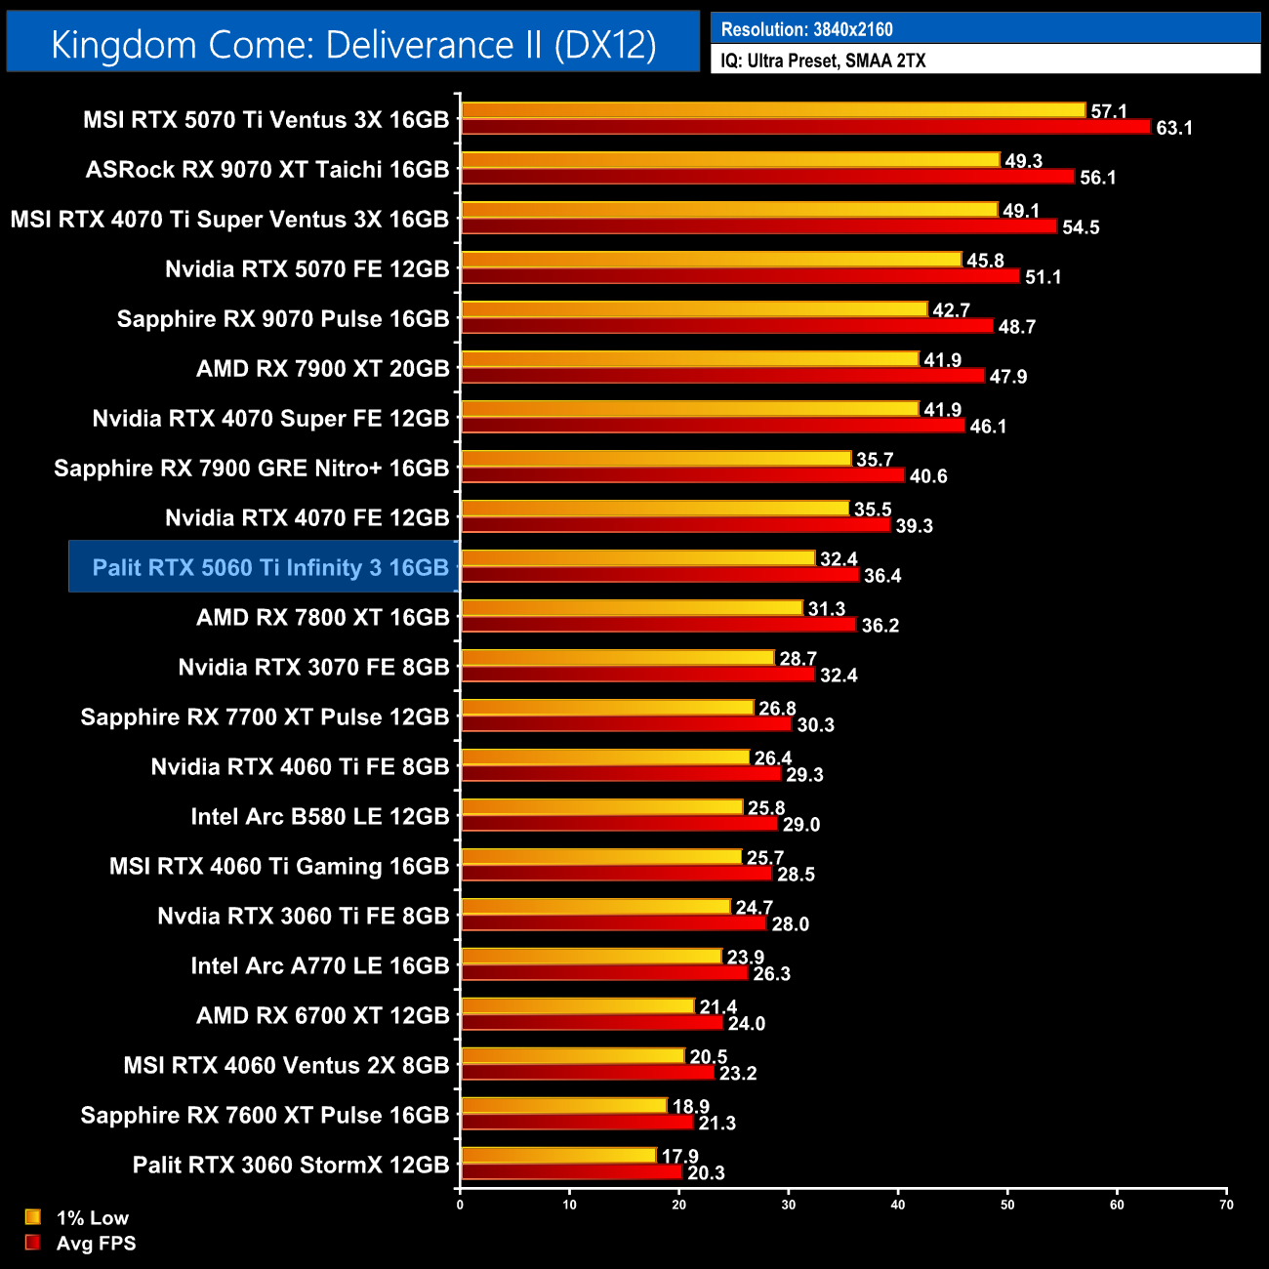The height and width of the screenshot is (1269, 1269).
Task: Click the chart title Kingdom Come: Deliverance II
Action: [353, 45]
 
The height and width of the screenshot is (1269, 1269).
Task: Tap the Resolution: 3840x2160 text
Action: [806, 29]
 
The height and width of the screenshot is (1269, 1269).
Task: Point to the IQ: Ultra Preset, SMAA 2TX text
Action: [823, 61]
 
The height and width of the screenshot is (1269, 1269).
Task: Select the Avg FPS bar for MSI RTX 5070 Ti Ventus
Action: [805, 127]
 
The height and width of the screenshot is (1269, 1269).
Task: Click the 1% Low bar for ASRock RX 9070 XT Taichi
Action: [730, 160]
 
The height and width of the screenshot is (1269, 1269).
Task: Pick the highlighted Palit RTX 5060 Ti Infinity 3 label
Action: [269, 567]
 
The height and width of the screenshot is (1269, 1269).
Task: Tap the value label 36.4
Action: [882, 576]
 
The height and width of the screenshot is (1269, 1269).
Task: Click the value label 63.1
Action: [1174, 128]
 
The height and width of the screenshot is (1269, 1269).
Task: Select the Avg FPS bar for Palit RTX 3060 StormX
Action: [571, 1172]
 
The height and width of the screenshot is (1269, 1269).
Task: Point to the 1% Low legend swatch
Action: [33, 1217]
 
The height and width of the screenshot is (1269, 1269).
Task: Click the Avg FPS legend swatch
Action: [33, 1243]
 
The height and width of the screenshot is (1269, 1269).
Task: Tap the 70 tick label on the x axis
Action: [1226, 1205]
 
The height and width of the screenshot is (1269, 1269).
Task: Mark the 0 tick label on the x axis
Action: [460, 1205]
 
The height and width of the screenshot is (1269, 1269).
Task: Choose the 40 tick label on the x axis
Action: [898, 1205]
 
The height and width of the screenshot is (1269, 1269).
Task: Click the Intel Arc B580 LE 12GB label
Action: [320, 816]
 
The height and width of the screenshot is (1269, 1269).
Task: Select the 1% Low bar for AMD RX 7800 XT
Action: [632, 608]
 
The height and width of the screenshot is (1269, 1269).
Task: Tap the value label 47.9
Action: [1008, 377]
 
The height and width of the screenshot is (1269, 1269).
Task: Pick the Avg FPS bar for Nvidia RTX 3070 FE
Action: [637, 675]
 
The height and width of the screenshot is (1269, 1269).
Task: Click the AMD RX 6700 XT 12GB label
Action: [323, 1015]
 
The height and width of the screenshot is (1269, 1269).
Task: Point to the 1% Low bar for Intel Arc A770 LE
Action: [591, 957]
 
